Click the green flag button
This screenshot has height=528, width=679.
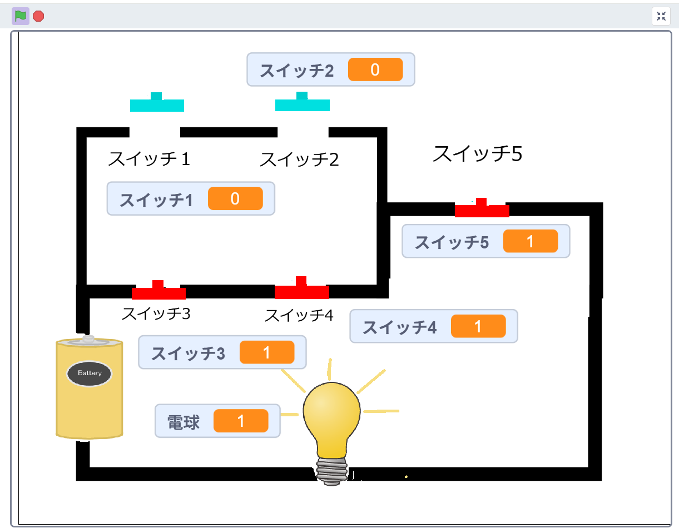[x=21, y=16]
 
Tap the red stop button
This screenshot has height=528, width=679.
[x=38, y=16]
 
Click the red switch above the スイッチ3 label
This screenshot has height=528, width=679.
[x=158, y=292]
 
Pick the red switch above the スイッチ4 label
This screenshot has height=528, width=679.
[x=302, y=290]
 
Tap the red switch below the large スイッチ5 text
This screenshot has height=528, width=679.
[x=482, y=210]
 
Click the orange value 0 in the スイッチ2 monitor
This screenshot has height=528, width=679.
[x=375, y=69]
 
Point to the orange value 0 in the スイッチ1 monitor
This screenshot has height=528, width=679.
[x=235, y=198]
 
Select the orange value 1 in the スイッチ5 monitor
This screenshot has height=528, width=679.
[x=530, y=241]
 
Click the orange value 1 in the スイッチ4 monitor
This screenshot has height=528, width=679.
[x=478, y=326]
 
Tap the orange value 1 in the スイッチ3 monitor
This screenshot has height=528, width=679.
[x=266, y=352]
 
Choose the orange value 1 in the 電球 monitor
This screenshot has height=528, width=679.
[x=240, y=421]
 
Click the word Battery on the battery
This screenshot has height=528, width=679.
[x=90, y=373]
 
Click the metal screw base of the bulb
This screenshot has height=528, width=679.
[x=333, y=471]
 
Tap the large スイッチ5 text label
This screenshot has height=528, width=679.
[x=477, y=153]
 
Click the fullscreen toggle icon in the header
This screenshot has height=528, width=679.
[x=661, y=16]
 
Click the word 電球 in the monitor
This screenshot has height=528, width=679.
[x=184, y=422]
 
